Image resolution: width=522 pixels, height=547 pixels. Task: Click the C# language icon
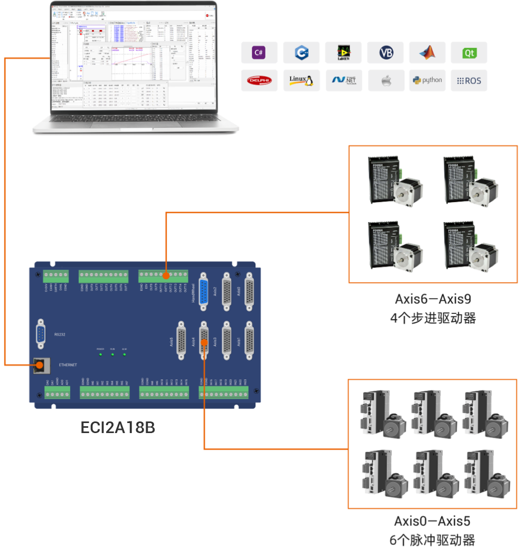pyautogui.click(x=259, y=52)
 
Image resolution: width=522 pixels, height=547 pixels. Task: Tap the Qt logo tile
pyautogui.click(x=469, y=53)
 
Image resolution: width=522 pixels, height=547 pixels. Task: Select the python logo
pyautogui.click(x=427, y=80)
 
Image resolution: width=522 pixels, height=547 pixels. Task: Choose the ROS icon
pyautogui.click(x=469, y=81)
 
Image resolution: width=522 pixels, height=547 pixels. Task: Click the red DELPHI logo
pyautogui.click(x=259, y=81)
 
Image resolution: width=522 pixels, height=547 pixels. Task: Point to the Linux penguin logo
pyautogui.click(x=301, y=80)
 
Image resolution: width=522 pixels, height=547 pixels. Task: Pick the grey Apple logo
pyautogui.click(x=386, y=81)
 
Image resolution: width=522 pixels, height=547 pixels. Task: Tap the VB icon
pyautogui.click(x=386, y=53)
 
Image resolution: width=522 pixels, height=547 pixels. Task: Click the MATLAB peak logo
pyautogui.click(x=427, y=53)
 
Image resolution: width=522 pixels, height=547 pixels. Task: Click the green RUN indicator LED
pyautogui.click(x=112, y=354)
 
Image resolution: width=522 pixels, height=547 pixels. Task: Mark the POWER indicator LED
pyautogui.click(x=100, y=354)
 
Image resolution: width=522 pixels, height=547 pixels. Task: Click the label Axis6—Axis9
pyautogui.click(x=433, y=299)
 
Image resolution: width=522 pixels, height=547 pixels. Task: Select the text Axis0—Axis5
pyautogui.click(x=432, y=521)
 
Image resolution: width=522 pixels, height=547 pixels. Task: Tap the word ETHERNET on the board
pyautogui.click(x=68, y=365)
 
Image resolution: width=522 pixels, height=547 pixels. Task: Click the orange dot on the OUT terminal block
pyautogui.click(x=166, y=275)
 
